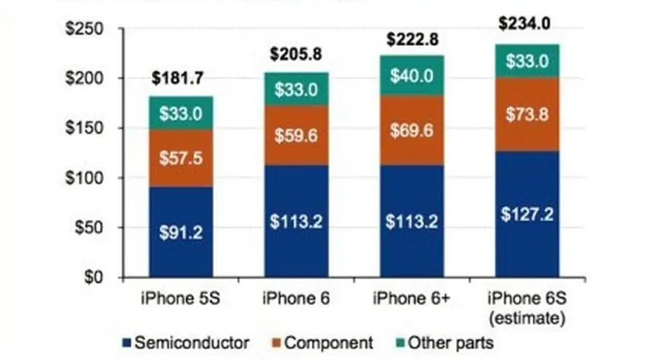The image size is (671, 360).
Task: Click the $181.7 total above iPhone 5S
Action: click(181, 78)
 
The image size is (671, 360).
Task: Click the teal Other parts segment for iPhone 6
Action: click(297, 89)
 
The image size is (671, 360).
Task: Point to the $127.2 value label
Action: click(528, 214)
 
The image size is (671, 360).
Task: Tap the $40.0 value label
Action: click(412, 76)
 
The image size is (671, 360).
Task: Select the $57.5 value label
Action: click(181, 159)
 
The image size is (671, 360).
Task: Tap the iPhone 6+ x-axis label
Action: click(412, 299)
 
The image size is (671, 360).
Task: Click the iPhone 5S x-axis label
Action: click(181, 299)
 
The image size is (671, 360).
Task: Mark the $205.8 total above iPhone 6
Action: click(297, 54)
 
